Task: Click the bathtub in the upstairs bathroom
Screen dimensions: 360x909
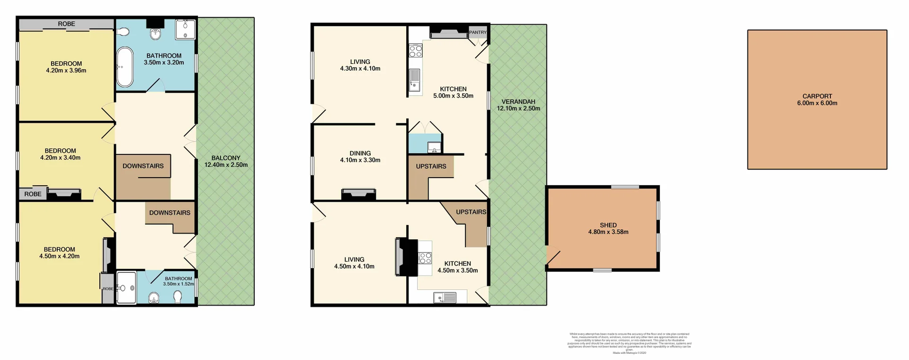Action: tap(125, 67)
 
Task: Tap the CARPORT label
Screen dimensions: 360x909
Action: tap(817, 96)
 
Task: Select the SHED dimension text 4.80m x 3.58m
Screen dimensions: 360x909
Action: tap(608, 232)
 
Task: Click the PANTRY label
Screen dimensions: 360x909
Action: tap(478, 32)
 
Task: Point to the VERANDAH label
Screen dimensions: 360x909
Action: tap(518, 101)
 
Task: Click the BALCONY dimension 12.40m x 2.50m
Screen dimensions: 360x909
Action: tap(226, 165)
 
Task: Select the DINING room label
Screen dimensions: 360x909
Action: tap(360, 153)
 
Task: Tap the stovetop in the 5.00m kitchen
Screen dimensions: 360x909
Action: tap(416, 51)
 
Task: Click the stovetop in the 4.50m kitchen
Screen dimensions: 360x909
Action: tap(425, 258)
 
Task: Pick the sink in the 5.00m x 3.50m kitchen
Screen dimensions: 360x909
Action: tap(415, 79)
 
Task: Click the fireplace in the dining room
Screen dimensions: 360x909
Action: tap(358, 194)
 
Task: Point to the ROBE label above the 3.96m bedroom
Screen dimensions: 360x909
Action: tap(66, 24)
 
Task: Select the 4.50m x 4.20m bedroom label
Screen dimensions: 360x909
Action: tap(59, 252)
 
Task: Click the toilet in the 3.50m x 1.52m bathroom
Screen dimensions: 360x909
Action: tap(178, 297)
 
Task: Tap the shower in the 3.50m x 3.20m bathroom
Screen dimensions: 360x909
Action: tap(185, 29)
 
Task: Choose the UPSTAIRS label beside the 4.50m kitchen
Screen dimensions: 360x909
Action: tap(471, 212)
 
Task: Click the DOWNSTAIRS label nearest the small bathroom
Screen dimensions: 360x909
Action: tap(169, 213)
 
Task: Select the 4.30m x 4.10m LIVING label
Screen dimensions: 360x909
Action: tap(360, 65)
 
